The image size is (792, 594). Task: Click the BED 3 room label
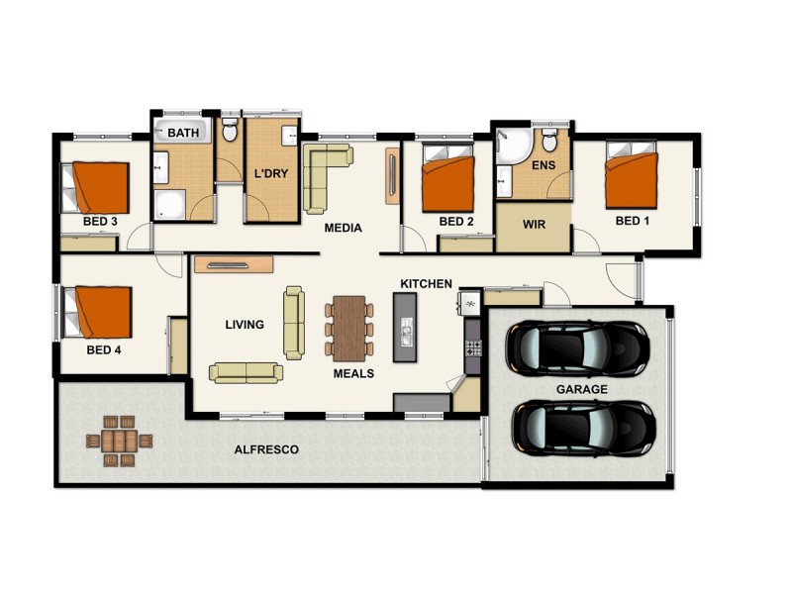pyautogui.click(x=101, y=221)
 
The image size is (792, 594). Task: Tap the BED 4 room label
pyautogui.click(x=103, y=349)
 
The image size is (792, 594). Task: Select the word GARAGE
pyautogui.click(x=581, y=390)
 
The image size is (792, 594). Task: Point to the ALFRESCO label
pyautogui.click(x=266, y=449)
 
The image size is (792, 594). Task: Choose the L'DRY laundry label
pyautogui.click(x=271, y=173)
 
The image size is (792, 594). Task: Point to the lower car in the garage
pyautogui.click(x=583, y=428)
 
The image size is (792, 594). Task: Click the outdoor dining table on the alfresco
pyautogui.click(x=118, y=440)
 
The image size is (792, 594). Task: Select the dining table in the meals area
pyautogui.click(x=351, y=328)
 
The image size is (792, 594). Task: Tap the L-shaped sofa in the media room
pyautogui.click(x=323, y=174)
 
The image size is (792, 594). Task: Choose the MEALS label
pyautogui.click(x=352, y=373)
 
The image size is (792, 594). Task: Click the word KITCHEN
pyautogui.click(x=426, y=284)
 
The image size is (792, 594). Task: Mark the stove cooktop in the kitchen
pyautogui.click(x=473, y=347)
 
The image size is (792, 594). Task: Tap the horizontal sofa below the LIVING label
pyautogui.click(x=245, y=371)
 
